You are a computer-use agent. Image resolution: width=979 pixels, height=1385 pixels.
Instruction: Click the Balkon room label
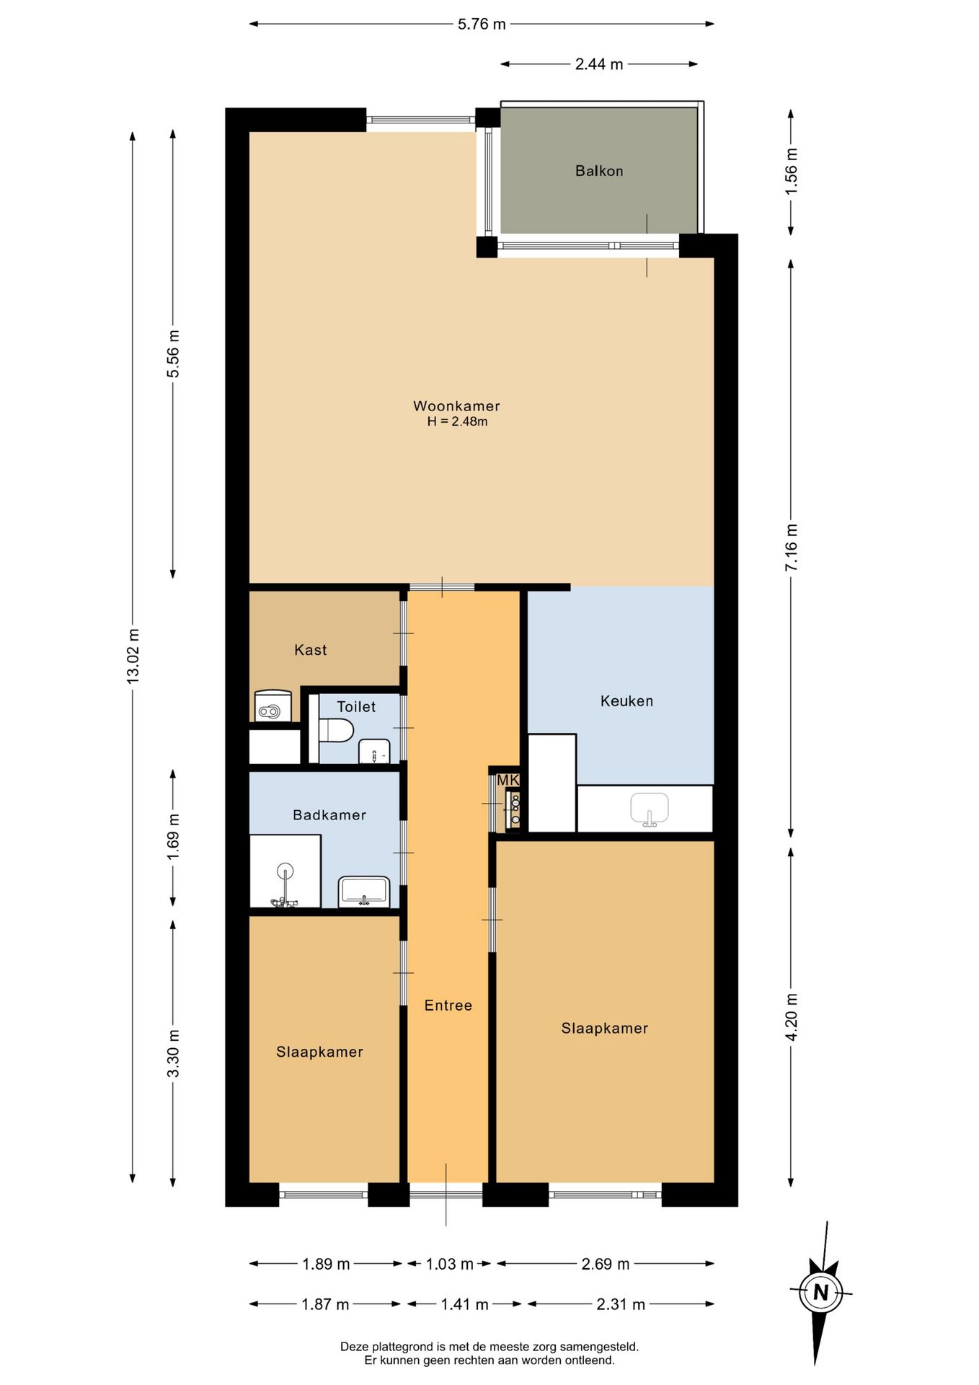[x=599, y=171]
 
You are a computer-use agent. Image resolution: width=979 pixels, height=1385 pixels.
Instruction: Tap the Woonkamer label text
[x=456, y=406]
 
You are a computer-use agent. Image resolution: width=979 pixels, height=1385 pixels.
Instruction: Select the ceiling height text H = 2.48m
[x=457, y=422]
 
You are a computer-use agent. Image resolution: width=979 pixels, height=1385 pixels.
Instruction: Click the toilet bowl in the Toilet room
[x=336, y=730]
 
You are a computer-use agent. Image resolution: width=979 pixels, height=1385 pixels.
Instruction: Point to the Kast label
[x=311, y=650]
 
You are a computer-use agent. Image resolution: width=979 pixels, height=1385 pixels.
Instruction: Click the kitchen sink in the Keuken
[x=650, y=809]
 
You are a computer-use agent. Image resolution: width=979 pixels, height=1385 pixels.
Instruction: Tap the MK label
[x=508, y=780]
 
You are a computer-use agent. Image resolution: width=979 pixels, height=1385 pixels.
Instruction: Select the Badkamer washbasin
[x=364, y=892]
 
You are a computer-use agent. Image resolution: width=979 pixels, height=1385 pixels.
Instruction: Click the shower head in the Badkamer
[x=285, y=871]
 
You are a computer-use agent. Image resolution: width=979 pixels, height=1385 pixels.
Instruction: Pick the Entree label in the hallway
[x=448, y=1006]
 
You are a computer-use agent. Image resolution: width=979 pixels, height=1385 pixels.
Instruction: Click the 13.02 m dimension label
[x=133, y=656]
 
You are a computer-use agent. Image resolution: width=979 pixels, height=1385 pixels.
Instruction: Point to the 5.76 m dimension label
[x=482, y=25]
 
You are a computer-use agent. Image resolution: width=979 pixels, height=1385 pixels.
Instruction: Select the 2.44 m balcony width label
[x=599, y=64]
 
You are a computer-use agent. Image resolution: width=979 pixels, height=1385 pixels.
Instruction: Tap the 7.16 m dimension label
[x=792, y=548]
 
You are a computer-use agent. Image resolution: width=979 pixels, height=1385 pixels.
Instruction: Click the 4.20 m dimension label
[x=792, y=1016]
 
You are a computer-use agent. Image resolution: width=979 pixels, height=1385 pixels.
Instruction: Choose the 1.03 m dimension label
[x=450, y=1264]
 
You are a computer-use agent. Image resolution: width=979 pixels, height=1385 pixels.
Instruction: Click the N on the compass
[x=820, y=1292]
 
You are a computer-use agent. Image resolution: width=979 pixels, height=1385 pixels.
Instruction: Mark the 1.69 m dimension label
[x=174, y=837]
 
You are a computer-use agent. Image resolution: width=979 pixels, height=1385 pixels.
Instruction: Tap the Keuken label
[x=626, y=701]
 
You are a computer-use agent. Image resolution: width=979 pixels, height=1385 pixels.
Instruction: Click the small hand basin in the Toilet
[x=374, y=752]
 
